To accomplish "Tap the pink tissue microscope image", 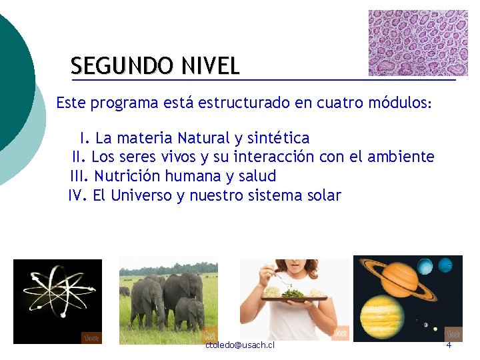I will pyautogui.click(x=418, y=42).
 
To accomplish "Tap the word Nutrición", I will pyautogui.click(x=127, y=177).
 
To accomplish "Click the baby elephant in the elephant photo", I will pyautogui.click(x=190, y=313).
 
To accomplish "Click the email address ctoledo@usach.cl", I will pyautogui.click(x=240, y=345).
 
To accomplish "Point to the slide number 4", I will pyautogui.click(x=449, y=345).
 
